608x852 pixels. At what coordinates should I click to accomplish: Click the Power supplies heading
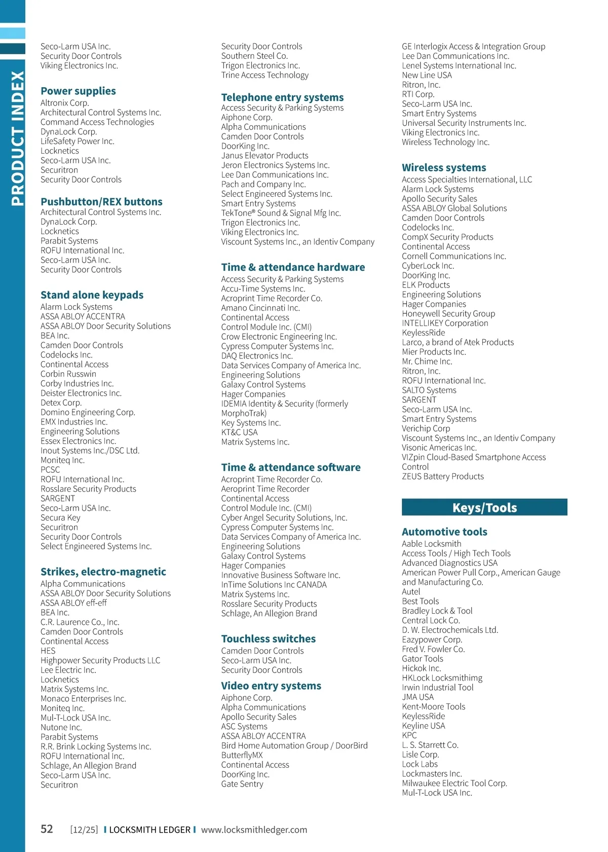(78, 91)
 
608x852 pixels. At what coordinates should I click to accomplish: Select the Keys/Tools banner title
(484, 508)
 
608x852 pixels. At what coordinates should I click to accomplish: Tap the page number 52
(47, 829)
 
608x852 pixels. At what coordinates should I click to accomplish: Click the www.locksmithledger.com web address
(254, 830)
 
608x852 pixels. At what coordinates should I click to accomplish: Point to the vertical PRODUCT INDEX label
(17, 138)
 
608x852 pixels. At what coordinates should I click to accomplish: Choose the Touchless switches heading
(268, 639)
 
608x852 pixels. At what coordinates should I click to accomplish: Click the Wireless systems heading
(444, 168)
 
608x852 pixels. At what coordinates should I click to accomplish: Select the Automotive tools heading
(444, 532)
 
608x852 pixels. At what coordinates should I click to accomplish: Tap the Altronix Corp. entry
(64, 103)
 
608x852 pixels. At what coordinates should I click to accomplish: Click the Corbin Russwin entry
(68, 374)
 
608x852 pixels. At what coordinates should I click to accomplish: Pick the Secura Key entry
(60, 518)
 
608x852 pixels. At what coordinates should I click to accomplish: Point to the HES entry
(48, 651)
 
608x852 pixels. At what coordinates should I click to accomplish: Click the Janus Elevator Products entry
(264, 156)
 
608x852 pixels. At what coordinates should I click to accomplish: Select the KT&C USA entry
(239, 433)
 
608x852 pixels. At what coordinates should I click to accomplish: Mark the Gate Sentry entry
(242, 784)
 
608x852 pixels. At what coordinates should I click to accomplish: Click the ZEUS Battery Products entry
(442, 477)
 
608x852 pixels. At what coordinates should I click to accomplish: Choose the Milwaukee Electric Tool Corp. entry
(454, 784)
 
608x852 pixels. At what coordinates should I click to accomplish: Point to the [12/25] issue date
(84, 830)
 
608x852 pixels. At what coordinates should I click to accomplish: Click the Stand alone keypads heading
(92, 295)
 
